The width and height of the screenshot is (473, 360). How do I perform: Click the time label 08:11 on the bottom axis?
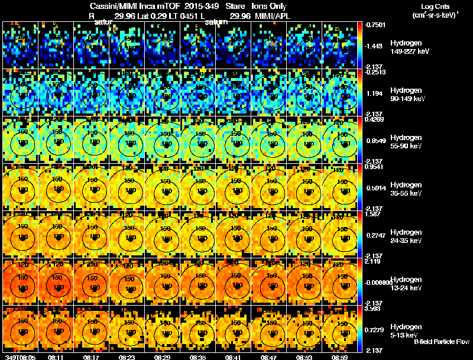click(56, 357)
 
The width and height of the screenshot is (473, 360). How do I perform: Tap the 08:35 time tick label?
click(198, 357)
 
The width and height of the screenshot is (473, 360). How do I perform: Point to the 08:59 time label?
click(340, 357)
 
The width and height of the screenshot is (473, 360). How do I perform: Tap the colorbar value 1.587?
click(372, 214)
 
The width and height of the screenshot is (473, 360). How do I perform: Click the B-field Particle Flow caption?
click(441, 342)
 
